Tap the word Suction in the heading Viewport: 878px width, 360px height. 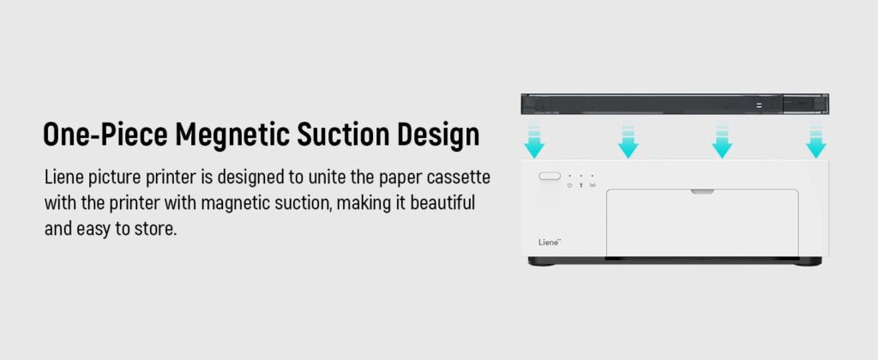pos(343,135)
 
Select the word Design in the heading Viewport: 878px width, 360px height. pos(438,135)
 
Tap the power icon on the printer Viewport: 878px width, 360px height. pos(569,185)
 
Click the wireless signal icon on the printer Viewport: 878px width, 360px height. pos(592,185)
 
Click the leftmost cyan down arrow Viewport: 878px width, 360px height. pos(534,141)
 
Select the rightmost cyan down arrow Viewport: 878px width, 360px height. pos(816,141)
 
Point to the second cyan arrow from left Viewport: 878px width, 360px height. pos(628,141)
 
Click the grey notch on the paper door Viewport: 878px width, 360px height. pos(702,191)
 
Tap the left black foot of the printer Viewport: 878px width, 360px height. pos(542,261)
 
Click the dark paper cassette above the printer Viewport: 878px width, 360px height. pos(675,104)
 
